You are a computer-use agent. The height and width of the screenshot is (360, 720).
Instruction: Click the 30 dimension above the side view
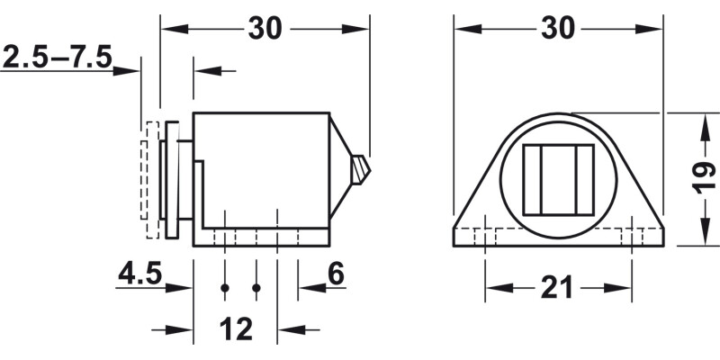pyautogui.click(x=265, y=29)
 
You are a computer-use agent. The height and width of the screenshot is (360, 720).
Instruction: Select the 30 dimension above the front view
pyautogui.click(x=558, y=29)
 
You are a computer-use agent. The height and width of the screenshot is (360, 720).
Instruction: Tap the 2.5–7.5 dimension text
pyautogui.click(x=57, y=58)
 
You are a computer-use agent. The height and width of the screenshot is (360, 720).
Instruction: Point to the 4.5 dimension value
pyautogui.click(x=139, y=273)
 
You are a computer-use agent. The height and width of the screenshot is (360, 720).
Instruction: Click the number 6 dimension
pyautogui.click(x=336, y=273)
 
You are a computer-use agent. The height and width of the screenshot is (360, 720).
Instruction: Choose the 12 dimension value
pyautogui.click(x=236, y=329)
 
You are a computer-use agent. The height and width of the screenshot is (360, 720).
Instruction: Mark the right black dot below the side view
pyautogui.click(x=256, y=288)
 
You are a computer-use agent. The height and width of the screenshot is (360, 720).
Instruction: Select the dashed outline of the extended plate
pyautogui.click(x=146, y=180)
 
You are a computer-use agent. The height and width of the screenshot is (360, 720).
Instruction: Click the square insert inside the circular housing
pyautogui.click(x=558, y=180)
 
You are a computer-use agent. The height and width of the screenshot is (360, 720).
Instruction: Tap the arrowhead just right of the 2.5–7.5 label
pyautogui.click(x=133, y=69)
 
